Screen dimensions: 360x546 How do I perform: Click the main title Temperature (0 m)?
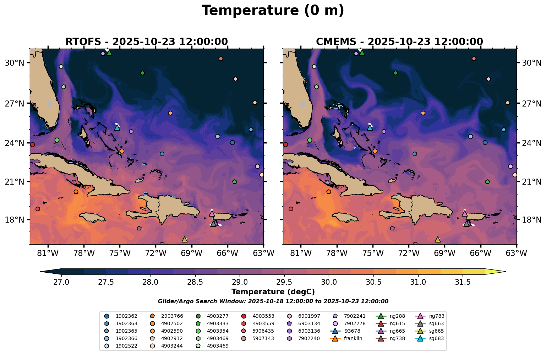pyautogui.click(x=273, y=11)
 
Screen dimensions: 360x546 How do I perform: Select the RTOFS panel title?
pyautogui.click(x=146, y=42)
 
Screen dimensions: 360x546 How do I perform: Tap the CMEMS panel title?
pyautogui.click(x=399, y=42)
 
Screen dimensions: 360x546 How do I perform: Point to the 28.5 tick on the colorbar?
pyautogui.click(x=195, y=282)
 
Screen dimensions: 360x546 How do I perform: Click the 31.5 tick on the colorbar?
pyautogui.click(x=463, y=282)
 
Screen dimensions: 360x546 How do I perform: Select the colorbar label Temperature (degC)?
pyautogui.click(x=273, y=292)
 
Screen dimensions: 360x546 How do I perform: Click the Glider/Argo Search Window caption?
pyautogui.click(x=273, y=301)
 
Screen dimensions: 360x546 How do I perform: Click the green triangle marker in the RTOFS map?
pyautogui.click(x=109, y=53)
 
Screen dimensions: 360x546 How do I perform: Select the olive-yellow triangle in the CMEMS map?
pyautogui.click(x=438, y=240)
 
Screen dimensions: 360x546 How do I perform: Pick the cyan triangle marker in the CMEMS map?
pyautogui.click(x=370, y=127)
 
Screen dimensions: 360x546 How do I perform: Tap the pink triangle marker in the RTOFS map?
pyautogui.click(x=212, y=214)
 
